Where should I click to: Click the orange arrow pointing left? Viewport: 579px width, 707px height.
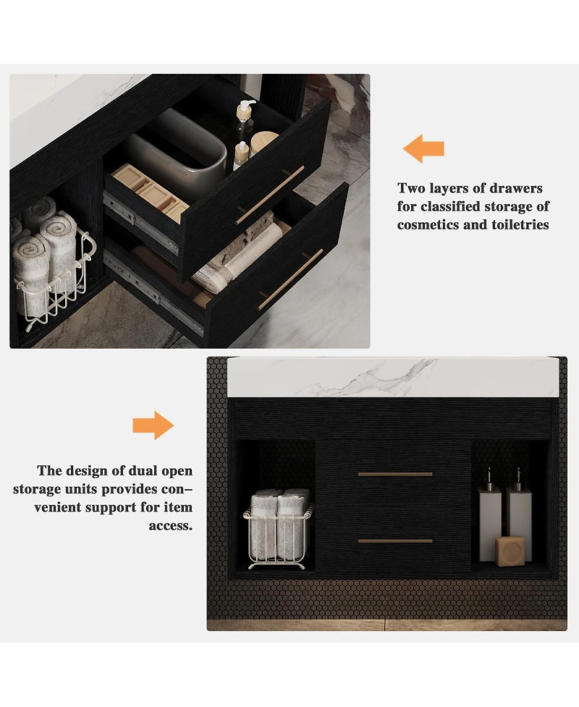coord(423,149)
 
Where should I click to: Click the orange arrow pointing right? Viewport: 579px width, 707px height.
coord(153,426)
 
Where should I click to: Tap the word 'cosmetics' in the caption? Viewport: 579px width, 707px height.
coord(427,225)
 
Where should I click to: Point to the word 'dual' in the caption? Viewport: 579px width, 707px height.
coord(138,472)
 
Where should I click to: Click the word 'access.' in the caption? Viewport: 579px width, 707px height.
coord(171,526)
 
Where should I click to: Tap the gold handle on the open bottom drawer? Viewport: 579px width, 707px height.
coord(291,279)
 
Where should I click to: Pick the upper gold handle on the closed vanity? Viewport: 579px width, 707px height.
coord(395,474)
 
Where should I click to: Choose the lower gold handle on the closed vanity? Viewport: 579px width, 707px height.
coord(395,541)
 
